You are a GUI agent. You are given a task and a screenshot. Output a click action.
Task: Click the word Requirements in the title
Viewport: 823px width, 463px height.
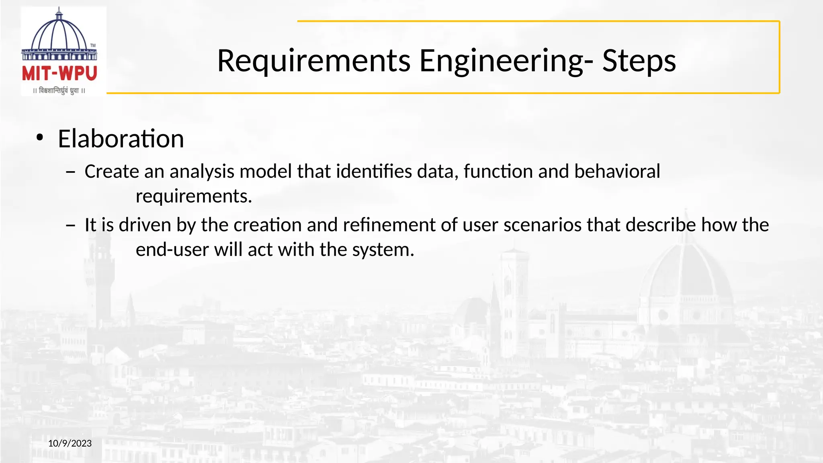point(313,61)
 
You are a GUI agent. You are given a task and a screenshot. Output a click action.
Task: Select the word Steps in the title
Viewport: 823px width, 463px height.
point(639,61)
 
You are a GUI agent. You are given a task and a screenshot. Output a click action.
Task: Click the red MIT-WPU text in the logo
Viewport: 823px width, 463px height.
point(59,74)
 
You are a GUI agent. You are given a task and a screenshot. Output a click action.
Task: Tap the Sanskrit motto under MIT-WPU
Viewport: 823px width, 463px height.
point(59,91)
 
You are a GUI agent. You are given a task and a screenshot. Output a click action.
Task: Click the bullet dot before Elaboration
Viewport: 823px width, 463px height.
point(39,138)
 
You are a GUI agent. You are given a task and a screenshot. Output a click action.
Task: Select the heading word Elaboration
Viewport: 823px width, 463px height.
point(121,139)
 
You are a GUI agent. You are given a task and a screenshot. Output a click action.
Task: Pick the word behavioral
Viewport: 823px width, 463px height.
point(617,172)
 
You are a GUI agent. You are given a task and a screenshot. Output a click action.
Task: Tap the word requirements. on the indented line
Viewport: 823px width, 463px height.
point(194,197)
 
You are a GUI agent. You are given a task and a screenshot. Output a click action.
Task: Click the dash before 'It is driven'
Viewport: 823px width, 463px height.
point(71,225)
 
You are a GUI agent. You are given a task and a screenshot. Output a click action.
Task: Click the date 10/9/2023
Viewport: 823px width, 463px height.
point(70,443)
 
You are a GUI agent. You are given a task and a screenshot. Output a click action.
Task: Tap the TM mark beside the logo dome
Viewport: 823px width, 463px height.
point(93,45)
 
